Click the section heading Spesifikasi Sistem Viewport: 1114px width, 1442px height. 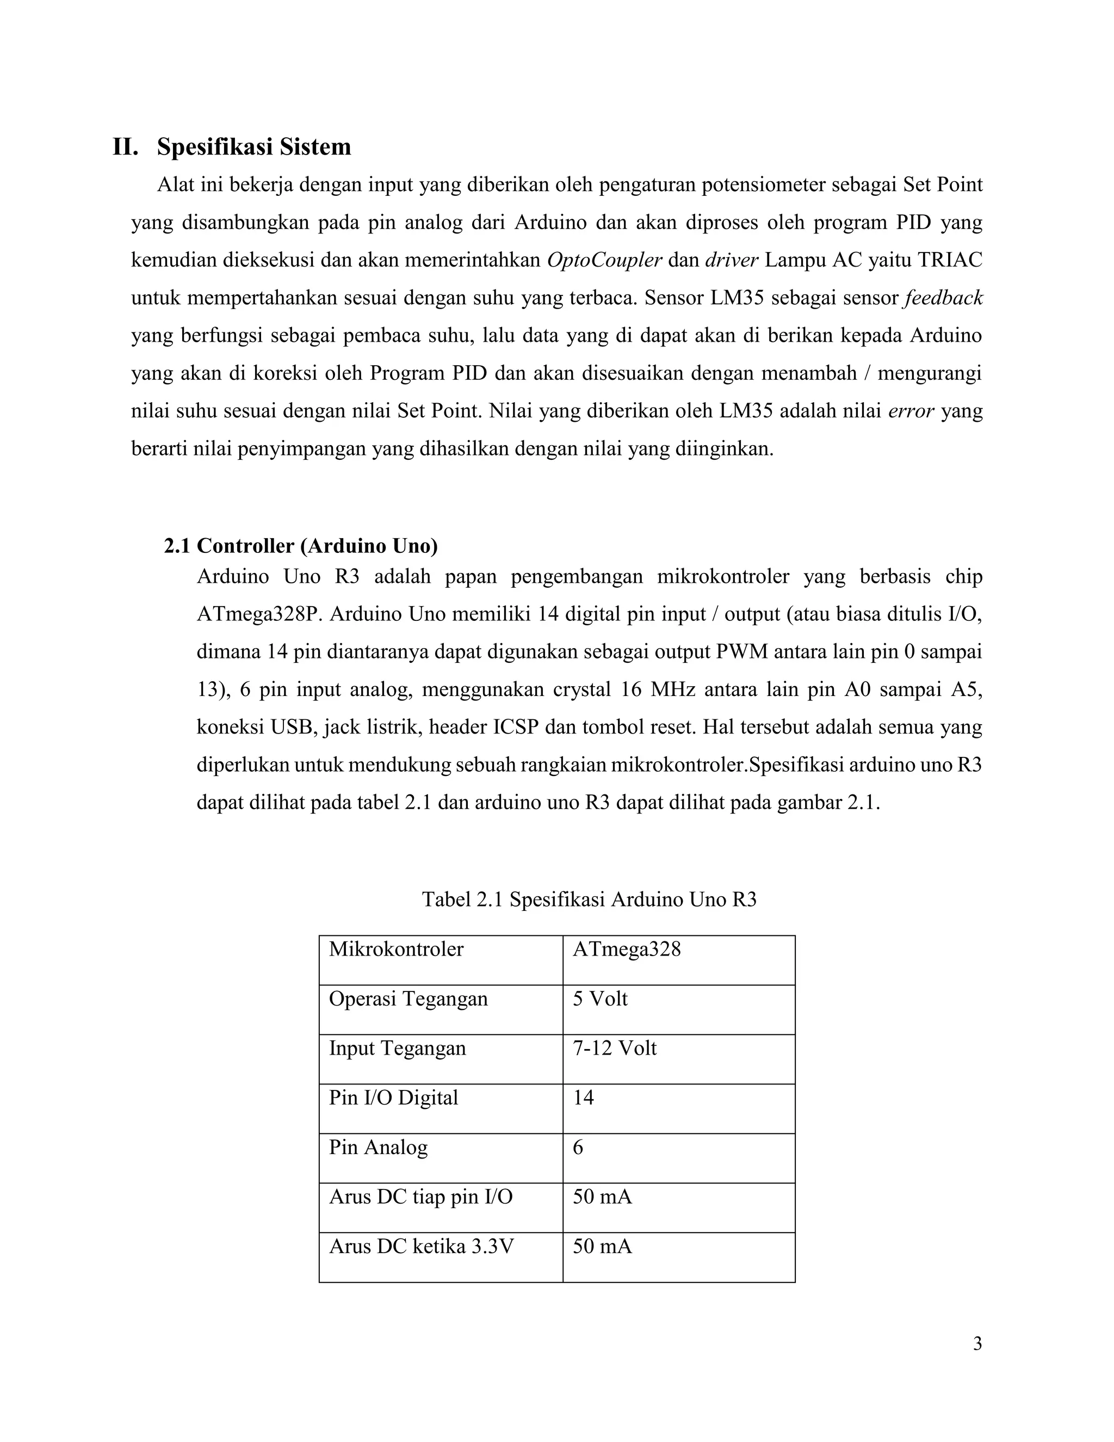[x=253, y=146]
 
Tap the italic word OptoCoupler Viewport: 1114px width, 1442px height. [x=604, y=260]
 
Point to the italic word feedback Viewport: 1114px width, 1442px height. [x=943, y=298]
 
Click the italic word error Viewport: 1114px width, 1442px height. [x=911, y=411]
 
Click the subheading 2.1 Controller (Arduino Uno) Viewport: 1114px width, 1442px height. [x=301, y=546]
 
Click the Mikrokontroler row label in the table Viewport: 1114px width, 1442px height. [x=396, y=950]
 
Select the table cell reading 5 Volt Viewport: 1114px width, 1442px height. [x=600, y=999]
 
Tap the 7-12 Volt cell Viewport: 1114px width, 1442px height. [x=615, y=1049]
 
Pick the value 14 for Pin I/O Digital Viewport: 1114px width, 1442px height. [x=584, y=1098]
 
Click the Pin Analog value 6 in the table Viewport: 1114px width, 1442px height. [x=578, y=1148]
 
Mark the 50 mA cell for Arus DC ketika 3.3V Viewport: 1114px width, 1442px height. [x=602, y=1247]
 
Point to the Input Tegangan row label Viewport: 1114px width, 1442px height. [x=397, y=1049]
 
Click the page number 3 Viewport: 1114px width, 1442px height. [x=977, y=1344]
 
